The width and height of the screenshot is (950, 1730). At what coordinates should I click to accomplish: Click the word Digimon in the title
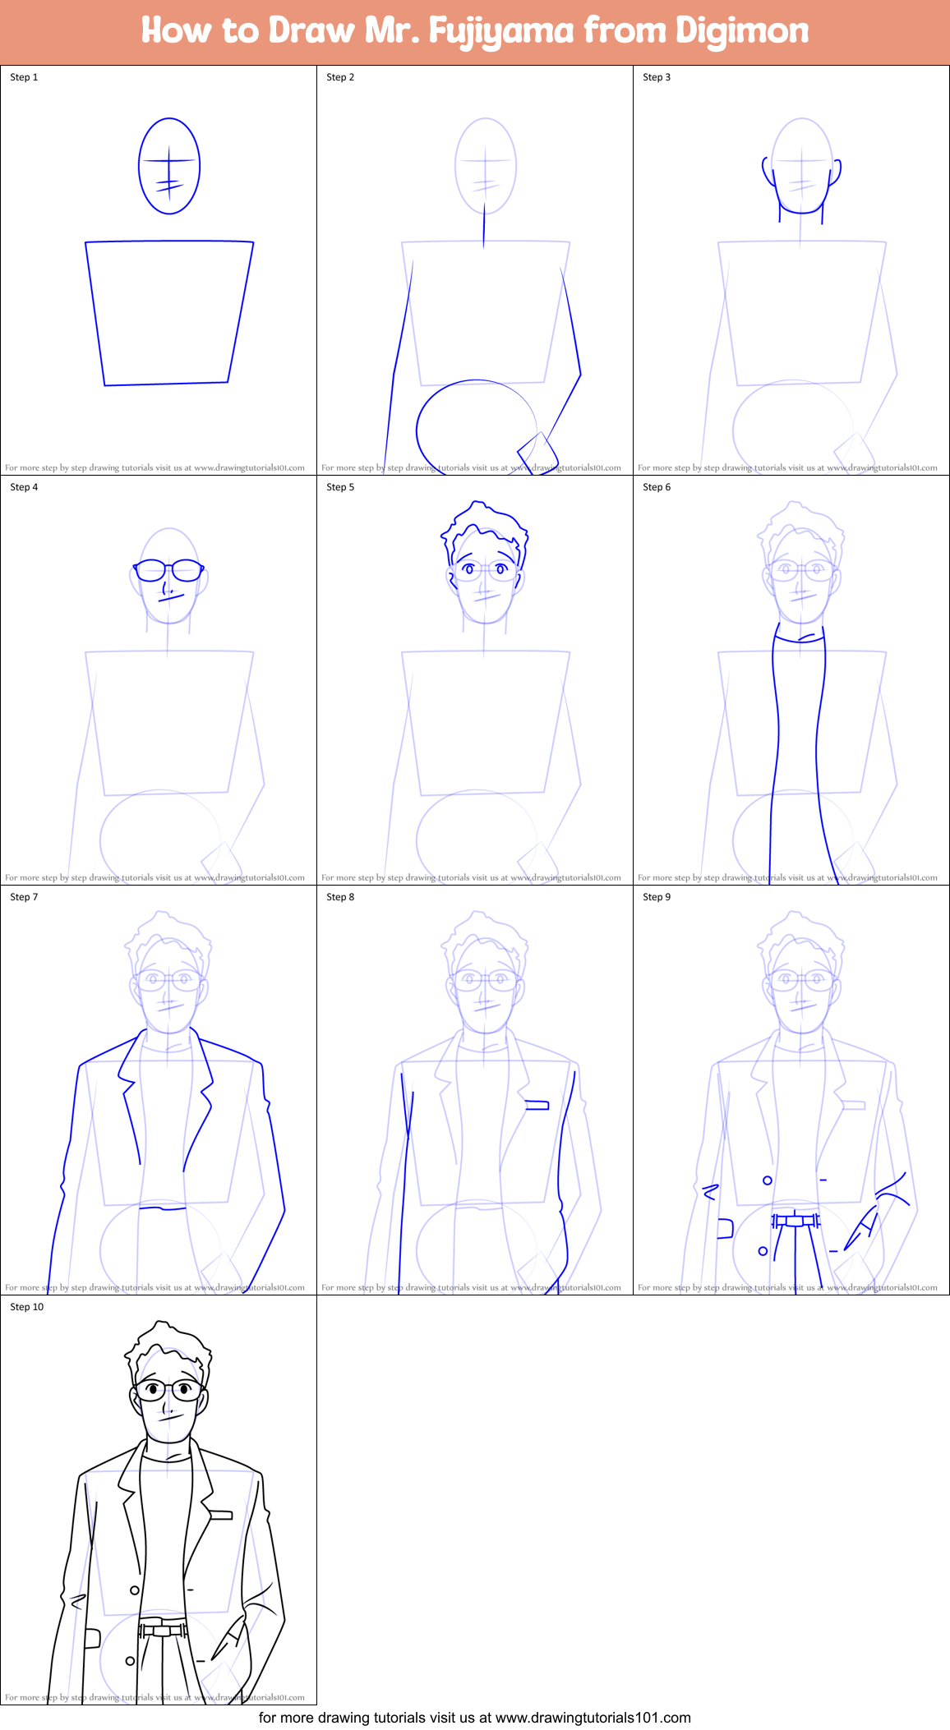(741, 31)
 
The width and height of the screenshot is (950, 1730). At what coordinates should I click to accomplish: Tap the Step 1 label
(24, 77)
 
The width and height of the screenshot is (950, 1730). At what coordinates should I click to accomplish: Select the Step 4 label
(24, 487)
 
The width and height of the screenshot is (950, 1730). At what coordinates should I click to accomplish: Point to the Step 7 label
(24, 897)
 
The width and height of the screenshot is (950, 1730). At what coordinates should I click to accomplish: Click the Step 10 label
(27, 1307)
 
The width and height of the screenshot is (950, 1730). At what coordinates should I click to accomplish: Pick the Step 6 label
(657, 487)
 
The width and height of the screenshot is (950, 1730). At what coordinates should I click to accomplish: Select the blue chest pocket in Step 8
(537, 1106)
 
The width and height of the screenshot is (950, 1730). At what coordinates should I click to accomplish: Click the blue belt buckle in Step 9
(795, 1221)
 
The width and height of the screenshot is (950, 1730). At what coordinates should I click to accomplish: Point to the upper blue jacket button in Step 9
(768, 1180)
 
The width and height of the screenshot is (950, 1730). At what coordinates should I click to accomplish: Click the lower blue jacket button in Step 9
(763, 1251)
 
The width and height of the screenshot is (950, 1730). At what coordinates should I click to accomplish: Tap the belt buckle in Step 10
(163, 1631)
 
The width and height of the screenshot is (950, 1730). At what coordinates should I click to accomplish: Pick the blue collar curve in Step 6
(799, 640)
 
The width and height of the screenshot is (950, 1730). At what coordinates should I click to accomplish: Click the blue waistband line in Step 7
(163, 1208)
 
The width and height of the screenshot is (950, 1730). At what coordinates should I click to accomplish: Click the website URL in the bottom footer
(593, 1718)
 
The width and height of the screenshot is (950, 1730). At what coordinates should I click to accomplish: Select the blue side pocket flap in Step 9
(725, 1228)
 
